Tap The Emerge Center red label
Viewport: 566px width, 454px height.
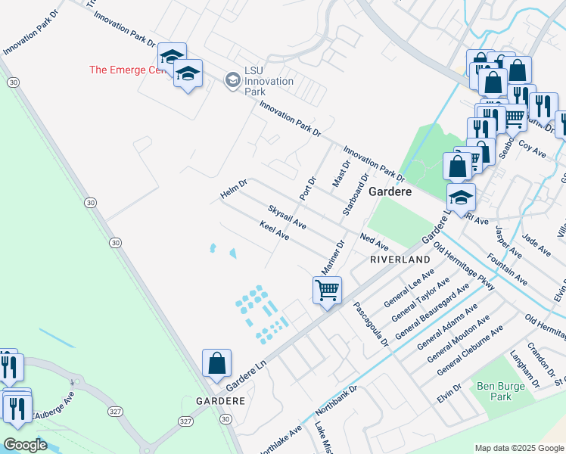pyautogui.click(x=126, y=70)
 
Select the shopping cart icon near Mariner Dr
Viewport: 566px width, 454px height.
pyautogui.click(x=328, y=290)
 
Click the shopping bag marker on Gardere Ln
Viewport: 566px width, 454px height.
pyautogui.click(x=217, y=362)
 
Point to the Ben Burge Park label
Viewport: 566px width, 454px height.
pyautogui.click(x=496, y=390)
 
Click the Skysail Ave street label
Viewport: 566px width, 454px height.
pyautogui.click(x=287, y=216)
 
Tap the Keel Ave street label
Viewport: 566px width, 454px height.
pyautogui.click(x=275, y=231)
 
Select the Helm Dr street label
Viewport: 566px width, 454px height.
pyautogui.click(x=233, y=189)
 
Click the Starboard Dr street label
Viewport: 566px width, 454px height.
pyautogui.click(x=353, y=194)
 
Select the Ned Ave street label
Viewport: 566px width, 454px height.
pyautogui.click(x=374, y=242)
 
